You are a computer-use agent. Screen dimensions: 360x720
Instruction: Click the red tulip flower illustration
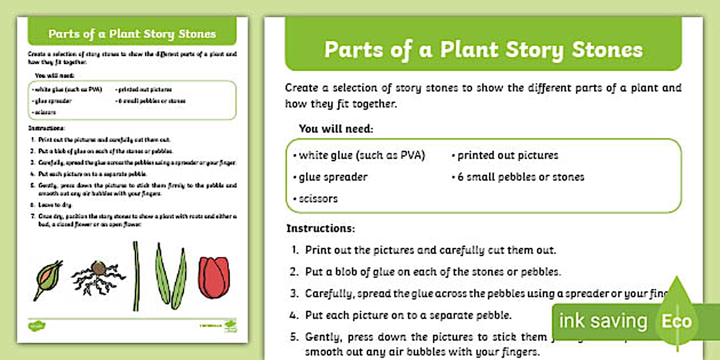click(x=214, y=278)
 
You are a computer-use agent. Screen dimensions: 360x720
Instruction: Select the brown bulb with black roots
click(x=98, y=269)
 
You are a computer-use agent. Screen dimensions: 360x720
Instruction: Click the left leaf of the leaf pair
click(x=162, y=273)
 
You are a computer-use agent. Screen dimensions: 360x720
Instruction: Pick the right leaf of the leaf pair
click(x=179, y=279)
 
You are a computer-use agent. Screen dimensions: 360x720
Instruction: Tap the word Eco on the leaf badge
click(x=677, y=321)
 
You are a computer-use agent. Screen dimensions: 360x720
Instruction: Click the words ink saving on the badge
click(x=603, y=321)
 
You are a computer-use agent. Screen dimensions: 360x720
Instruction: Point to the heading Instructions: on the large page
click(x=321, y=229)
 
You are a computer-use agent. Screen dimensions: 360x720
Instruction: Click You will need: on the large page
click(x=336, y=129)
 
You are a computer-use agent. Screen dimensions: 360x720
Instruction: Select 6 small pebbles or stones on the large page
click(x=520, y=177)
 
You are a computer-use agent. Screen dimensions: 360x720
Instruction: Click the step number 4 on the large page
click(x=294, y=315)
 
